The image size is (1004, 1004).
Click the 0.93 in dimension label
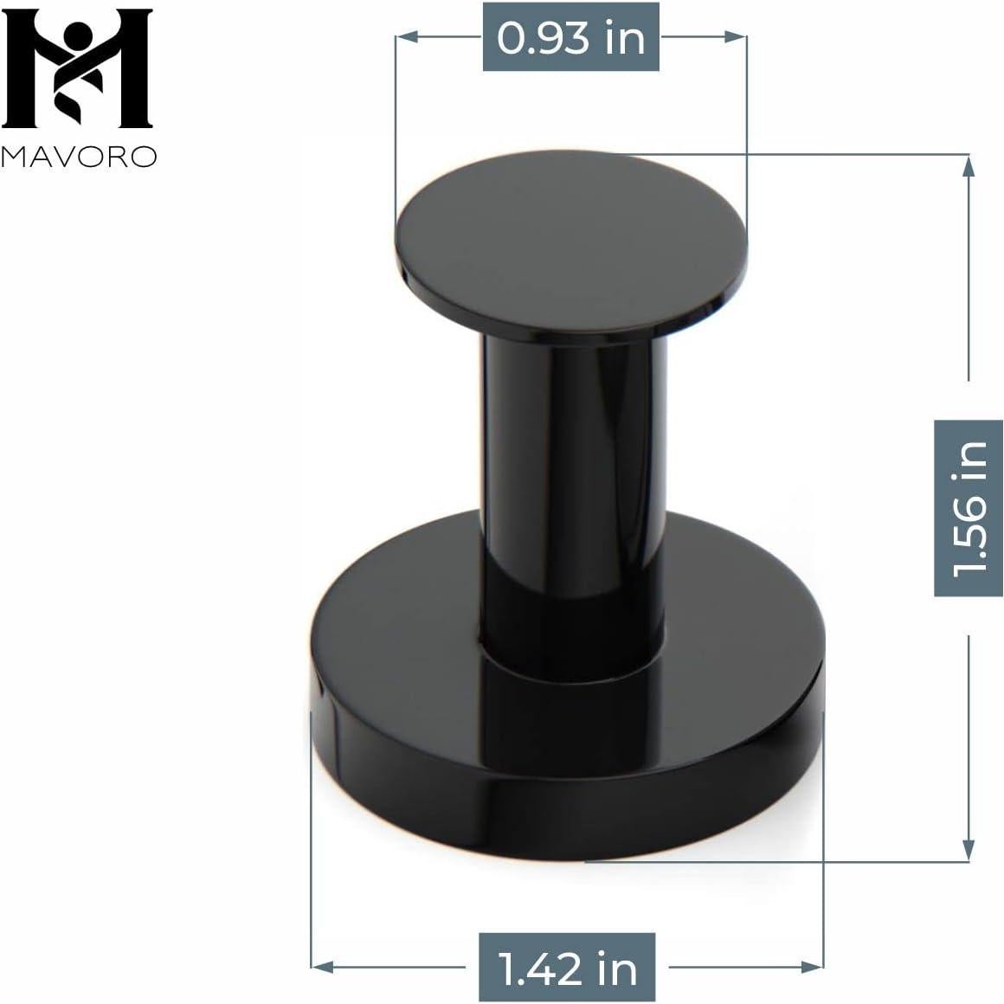click(x=570, y=38)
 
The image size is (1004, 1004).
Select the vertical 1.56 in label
click(x=969, y=507)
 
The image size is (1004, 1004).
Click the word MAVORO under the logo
click(x=79, y=156)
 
